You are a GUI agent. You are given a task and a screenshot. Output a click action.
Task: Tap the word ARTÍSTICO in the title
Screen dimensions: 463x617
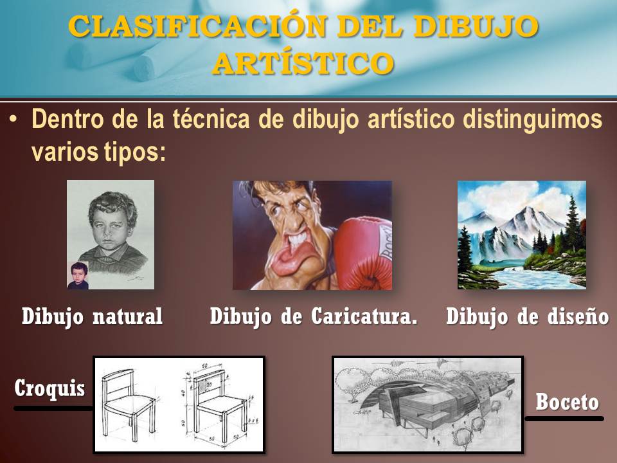(x=303, y=63)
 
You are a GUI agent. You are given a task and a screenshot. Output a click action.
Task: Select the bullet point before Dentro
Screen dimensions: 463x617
(x=13, y=120)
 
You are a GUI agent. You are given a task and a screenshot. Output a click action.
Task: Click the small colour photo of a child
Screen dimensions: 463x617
(x=78, y=275)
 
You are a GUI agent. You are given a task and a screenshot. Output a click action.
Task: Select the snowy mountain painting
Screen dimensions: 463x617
(x=521, y=235)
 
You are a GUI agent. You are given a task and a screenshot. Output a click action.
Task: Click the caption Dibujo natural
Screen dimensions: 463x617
(x=93, y=317)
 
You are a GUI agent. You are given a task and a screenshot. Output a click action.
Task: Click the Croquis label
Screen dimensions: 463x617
(x=49, y=388)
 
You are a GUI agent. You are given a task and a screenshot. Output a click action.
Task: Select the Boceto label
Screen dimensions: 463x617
(x=567, y=403)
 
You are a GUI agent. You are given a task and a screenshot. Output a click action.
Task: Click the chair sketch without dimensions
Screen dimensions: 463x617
(x=129, y=404)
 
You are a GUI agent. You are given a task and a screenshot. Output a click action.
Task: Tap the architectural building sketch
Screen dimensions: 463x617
(x=427, y=404)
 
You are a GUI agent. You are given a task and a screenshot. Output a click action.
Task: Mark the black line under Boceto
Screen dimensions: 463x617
(x=564, y=419)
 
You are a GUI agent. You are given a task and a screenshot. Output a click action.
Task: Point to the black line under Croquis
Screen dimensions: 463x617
(x=53, y=408)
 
